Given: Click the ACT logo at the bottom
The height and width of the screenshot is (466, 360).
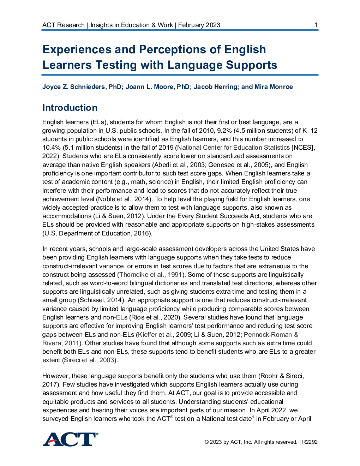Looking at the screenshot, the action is point(70,440).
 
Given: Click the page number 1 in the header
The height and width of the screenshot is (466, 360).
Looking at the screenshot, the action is point(316,25).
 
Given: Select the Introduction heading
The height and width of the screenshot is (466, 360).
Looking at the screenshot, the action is point(70,108).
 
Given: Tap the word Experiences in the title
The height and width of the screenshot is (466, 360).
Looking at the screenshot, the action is point(77,49).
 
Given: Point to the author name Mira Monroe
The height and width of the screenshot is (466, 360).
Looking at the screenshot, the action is point(274,87).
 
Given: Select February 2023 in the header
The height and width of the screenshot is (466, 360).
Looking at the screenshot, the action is point(199,25).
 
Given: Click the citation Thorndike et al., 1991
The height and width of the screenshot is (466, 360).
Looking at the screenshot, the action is point(151,275).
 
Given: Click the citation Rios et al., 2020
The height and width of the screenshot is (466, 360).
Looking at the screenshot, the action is point(154,317).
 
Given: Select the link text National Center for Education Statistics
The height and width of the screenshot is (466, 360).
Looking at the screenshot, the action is point(234,148).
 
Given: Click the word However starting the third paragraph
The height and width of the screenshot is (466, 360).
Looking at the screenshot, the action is point(56,376).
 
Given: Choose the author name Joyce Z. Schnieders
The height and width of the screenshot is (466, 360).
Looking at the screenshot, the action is point(73,87).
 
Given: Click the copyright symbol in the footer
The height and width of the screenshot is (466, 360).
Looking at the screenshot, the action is point(206,442).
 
